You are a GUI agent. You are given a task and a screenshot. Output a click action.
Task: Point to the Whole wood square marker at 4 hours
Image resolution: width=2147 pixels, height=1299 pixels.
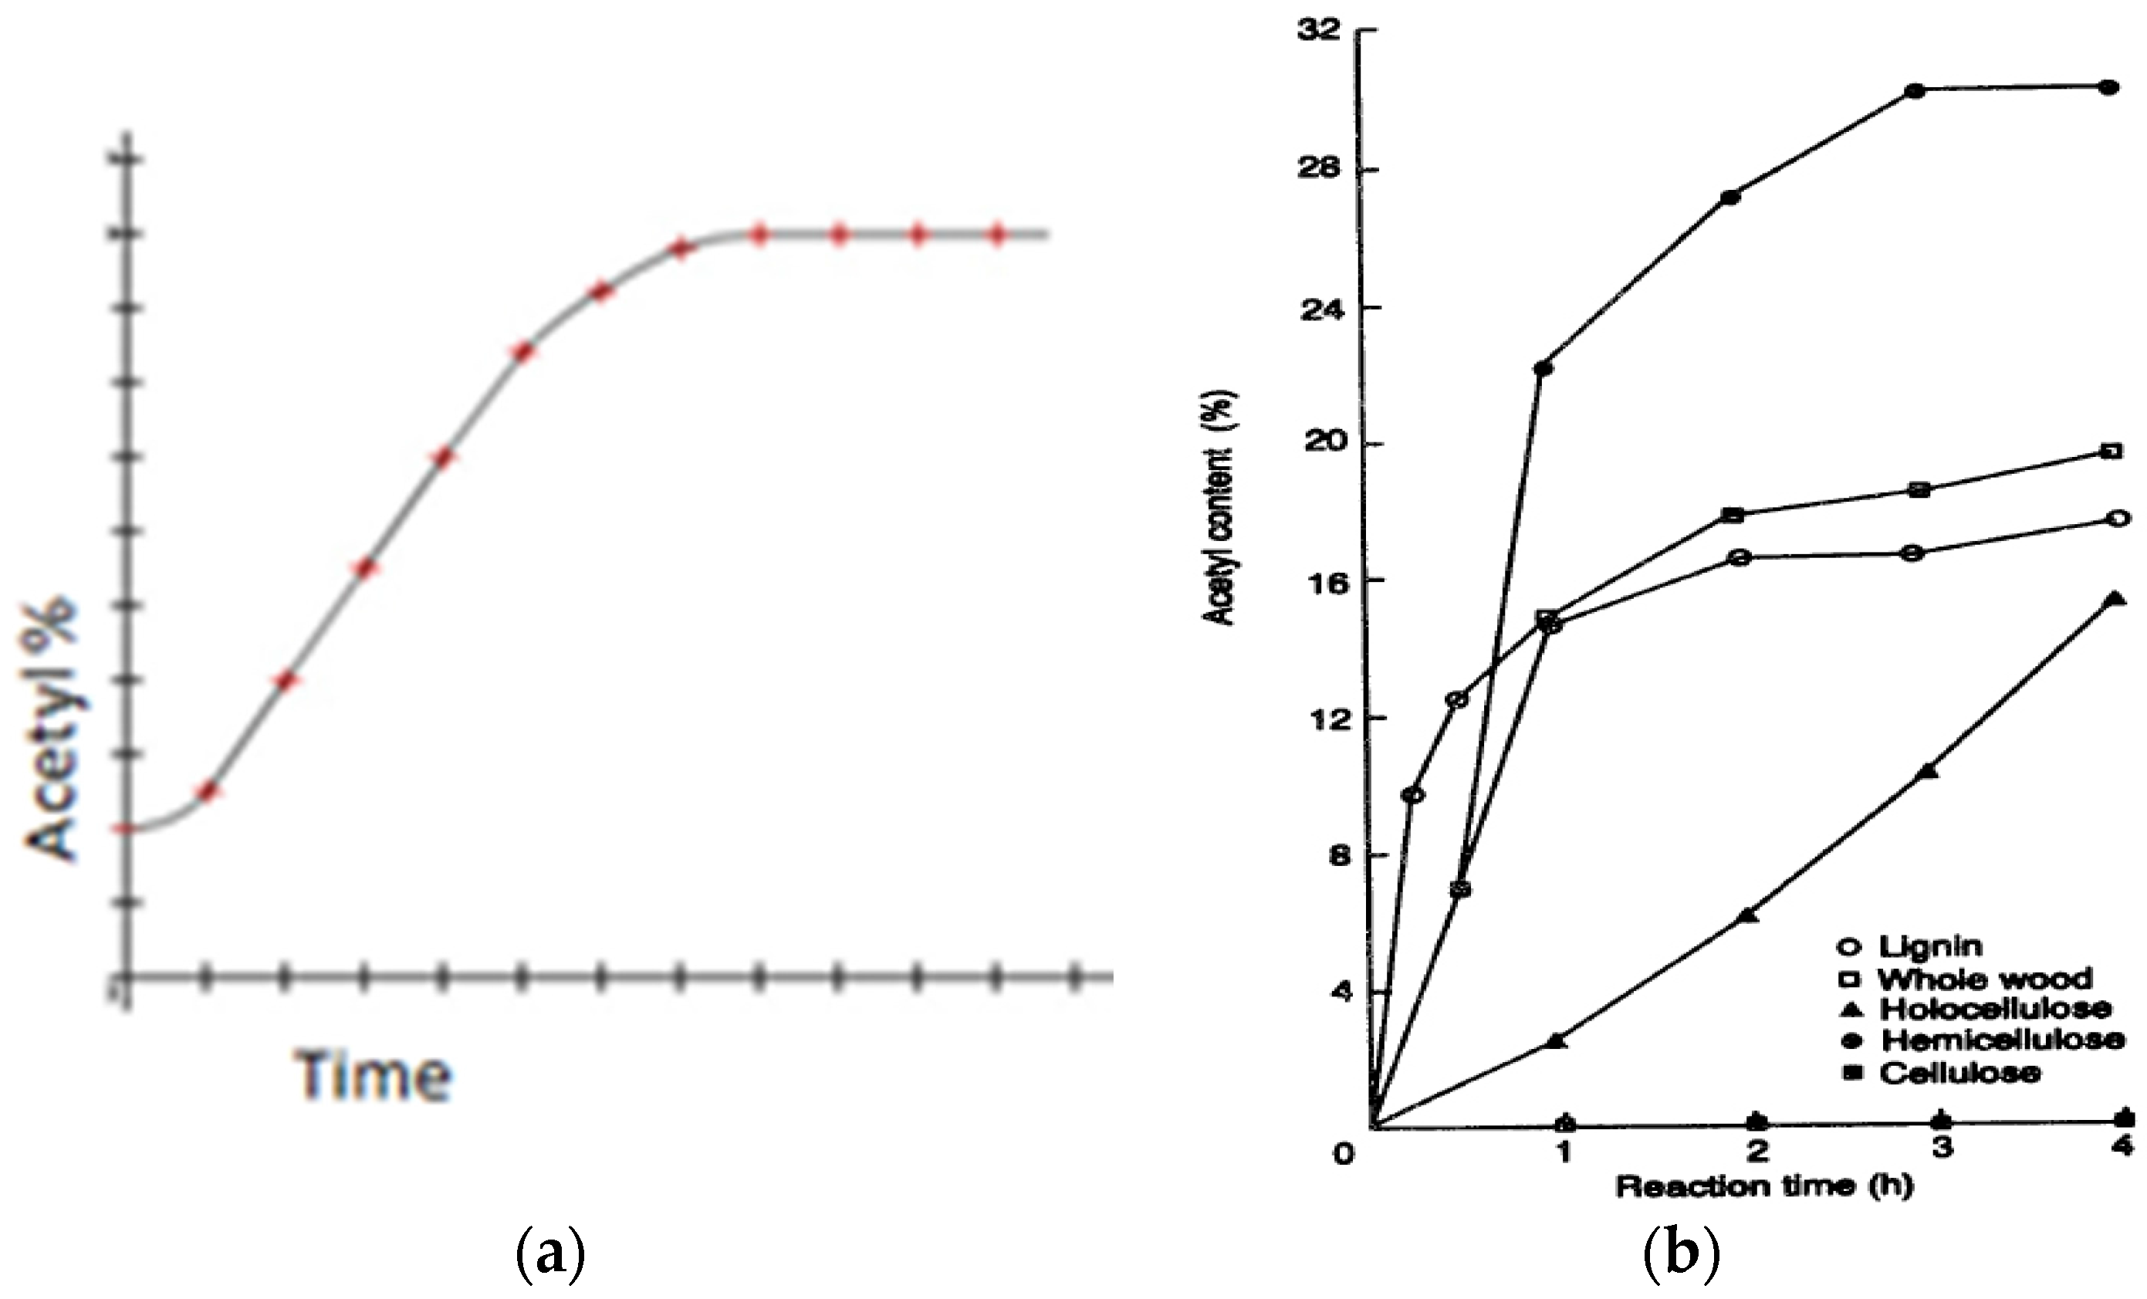tap(2111, 452)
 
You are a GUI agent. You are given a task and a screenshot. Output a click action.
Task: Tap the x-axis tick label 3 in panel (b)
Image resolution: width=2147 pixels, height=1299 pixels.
tap(1942, 1148)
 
